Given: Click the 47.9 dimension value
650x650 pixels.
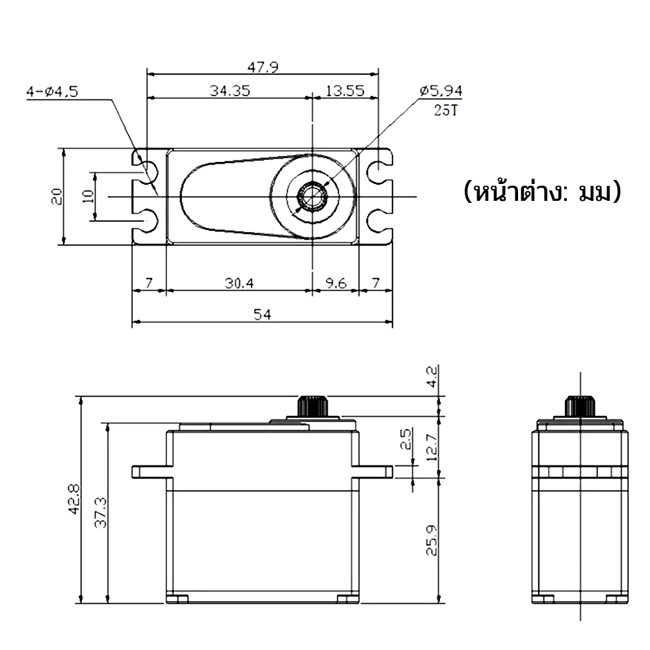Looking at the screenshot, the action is [x=263, y=67].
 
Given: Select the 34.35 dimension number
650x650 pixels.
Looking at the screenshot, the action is [x=229, y=90].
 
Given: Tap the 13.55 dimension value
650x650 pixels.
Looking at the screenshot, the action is [x=344, y=90].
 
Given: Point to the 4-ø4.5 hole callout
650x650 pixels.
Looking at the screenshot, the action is [x=52, y=91].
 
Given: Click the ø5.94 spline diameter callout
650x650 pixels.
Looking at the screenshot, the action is [x=441, y=90].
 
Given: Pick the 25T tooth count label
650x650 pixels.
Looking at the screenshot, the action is [x=445, y=110].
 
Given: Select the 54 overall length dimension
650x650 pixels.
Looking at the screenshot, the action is [x=263, y=315].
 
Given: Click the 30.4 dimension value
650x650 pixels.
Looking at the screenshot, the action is [x=239, y=283].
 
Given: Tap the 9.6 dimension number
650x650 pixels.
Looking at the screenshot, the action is [x=335, y=283].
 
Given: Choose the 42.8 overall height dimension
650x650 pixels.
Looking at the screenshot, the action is [x=75, y=499].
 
